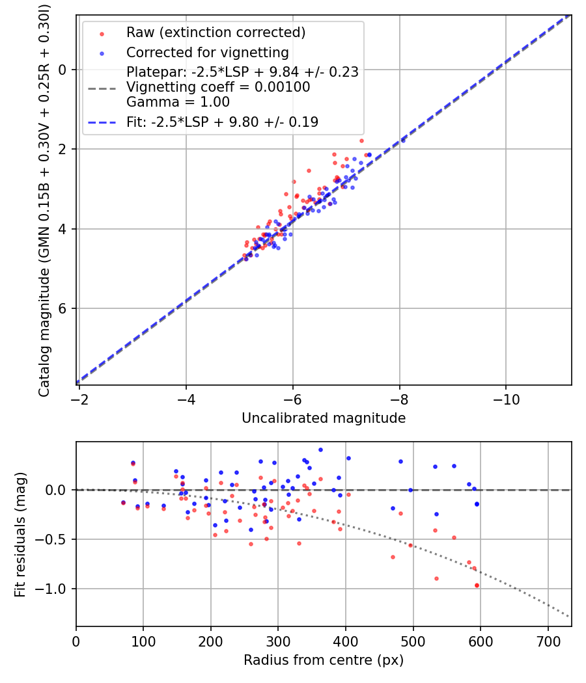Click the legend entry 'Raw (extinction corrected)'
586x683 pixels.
pos(216,32)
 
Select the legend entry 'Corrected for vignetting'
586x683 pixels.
pos(207,53)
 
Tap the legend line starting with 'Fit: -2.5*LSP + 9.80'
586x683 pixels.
pos(222,122)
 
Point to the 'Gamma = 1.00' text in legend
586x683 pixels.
pos(178,101)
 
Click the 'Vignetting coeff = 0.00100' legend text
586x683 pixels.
pos(218,87)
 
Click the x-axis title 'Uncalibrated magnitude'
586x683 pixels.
pos(324,418)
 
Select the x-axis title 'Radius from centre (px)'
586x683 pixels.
pos(324,660)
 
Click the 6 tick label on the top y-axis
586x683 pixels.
pos(63,308)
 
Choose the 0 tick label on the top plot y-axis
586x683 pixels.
pos(63,70)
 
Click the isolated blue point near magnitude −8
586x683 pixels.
pos(403,140)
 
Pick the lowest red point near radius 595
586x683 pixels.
pos(477,585)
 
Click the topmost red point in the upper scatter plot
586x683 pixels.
pos(361,141)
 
